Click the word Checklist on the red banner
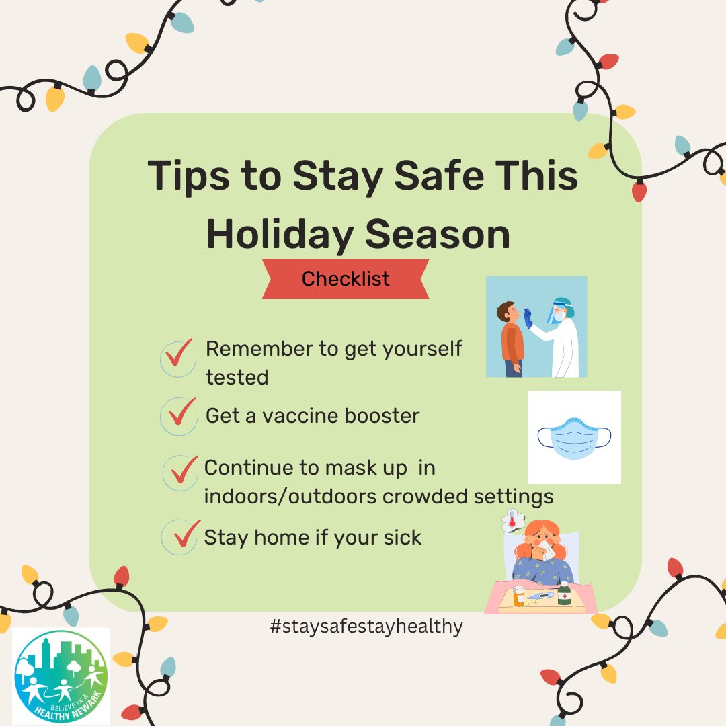click(x=346, y=279)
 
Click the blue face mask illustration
click(x=574, y=438)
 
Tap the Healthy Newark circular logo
click(x=61, y=676)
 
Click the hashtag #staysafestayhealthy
click(x=366, y=627)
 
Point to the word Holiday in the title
click(x=280, y=235)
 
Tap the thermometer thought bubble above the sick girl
click(x=513, y=521)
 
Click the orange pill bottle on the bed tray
click(x=519, y=596)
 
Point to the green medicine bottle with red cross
click(x=564, y=594)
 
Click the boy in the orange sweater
click(x=511, y=339)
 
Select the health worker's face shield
click(x=556, y=311)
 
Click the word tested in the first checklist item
click(x=237, y=377)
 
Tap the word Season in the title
click(x=438, y=235)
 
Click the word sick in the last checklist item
click(x=402, y=537)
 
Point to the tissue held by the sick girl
click(x=547, y=551)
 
